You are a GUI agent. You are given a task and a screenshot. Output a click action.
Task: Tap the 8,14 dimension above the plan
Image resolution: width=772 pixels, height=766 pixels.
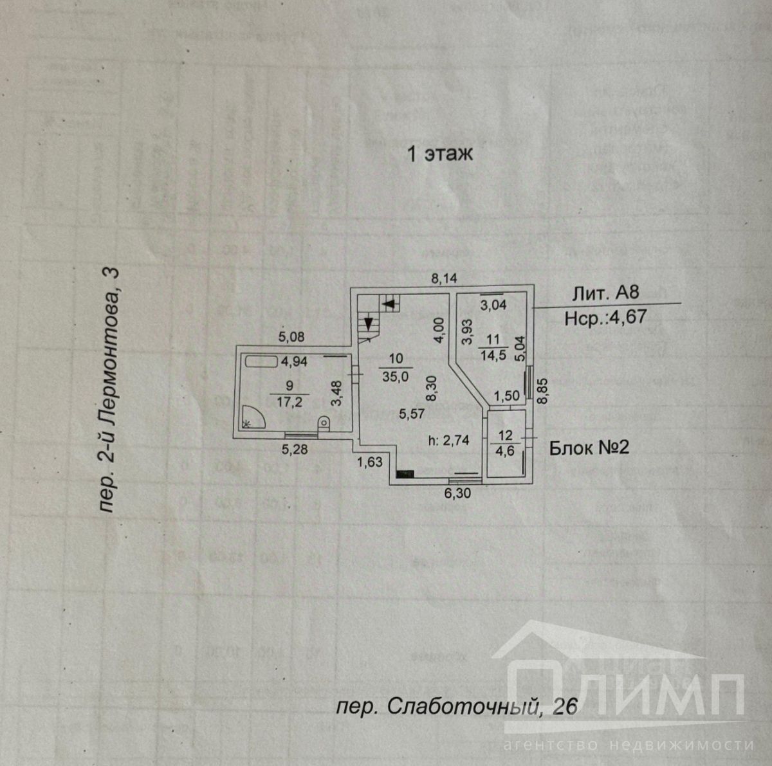point(444,278)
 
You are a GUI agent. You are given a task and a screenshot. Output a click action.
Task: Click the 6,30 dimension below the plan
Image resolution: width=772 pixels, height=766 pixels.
point(459,493)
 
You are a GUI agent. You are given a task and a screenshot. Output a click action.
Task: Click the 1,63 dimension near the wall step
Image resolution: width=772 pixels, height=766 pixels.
point(370,461)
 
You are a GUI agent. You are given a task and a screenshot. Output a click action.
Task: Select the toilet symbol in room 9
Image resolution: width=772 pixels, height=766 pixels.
point(324,422)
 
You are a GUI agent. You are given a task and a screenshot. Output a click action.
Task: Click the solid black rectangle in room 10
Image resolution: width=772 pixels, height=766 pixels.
point(405,474)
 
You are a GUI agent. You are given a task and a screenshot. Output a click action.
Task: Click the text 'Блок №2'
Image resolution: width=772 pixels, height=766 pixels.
point(589,448)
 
